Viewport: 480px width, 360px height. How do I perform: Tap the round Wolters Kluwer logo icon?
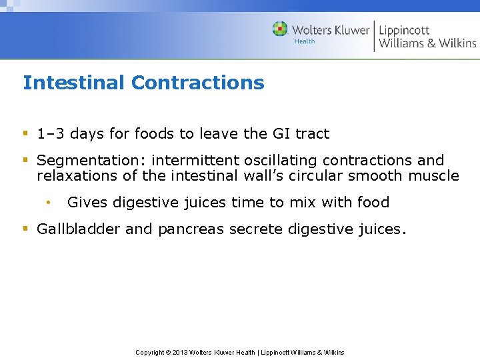pyautogui.click(x=281, y=29)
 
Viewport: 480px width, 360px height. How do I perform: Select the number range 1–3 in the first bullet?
pyautogui.click(x=51, y=133)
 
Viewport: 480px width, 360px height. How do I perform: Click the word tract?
pyautogui.click(x=312, y=133)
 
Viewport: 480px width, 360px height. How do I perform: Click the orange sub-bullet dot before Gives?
pyautogui.click(x=48, y=202)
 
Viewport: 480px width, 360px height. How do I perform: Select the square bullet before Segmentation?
pyautogui.click(x=25, y=161)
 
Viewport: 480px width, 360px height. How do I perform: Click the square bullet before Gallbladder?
pyautogui.click(x=25, y=229)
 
